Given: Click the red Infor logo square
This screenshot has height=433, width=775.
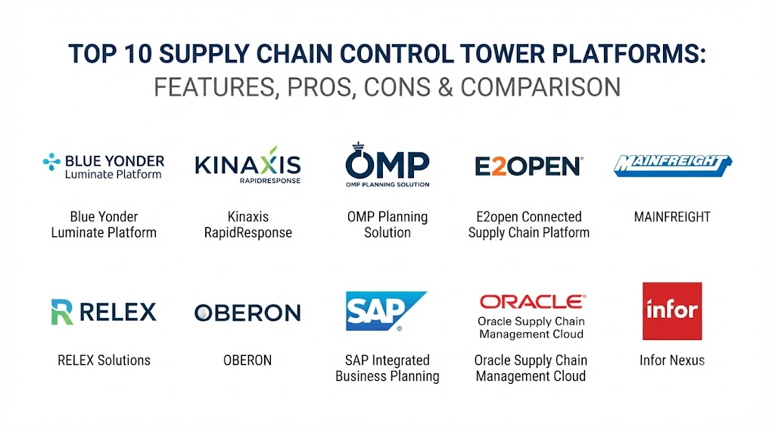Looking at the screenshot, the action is pyautogui.click(x=672, y=311).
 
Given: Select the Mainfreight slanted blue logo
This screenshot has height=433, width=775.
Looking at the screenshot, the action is pyautogui.click(x=672, y=166).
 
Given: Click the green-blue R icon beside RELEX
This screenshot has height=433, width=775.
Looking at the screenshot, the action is pyautogui.click(x=62, y=312).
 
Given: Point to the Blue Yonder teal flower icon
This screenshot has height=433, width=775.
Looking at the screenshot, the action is pyautogui.click(x=51, y=162).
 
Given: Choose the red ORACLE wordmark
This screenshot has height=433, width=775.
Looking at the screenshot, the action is pyautogui.click(x=533, y=301).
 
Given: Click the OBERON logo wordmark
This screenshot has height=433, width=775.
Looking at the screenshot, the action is pyautogui.click(x=247, y=313).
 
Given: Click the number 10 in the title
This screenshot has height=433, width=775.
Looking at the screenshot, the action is pyautogui.click(x=138, y=54).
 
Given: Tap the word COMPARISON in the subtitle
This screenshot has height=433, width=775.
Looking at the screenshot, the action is pyautogui.click(x=540, y=88).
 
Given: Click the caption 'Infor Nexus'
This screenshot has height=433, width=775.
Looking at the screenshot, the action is pyautogui.click(x=672, y=360).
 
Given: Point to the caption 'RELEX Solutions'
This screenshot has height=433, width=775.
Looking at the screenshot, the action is pyautogui.click(x=104, y=360).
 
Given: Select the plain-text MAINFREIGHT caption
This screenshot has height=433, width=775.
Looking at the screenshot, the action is pyautogui.click(x=672, y=217).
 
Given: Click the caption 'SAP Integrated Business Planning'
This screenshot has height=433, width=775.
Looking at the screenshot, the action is pyautogui.click(x=387, y=368).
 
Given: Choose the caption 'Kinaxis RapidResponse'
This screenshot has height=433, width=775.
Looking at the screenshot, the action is pyautogui.click(x=248, y=225).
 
